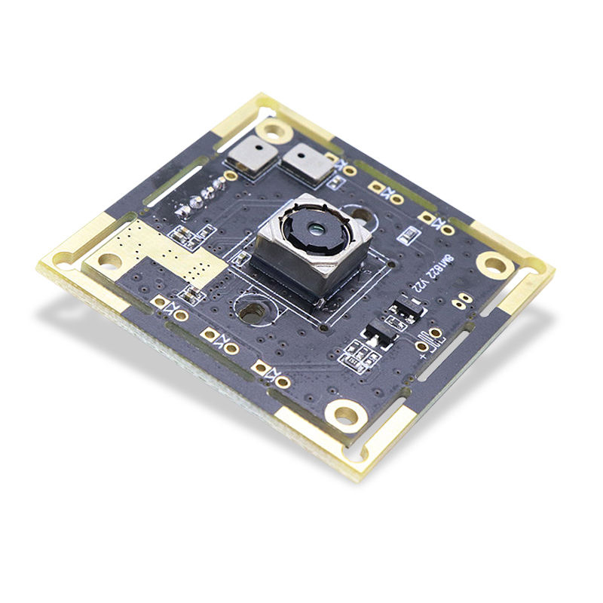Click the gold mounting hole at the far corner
click(x=274, y=131)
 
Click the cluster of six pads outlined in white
click(x=360, y=354)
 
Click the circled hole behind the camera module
click(x=363, y=213)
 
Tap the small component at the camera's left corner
click(x=242, y=259)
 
